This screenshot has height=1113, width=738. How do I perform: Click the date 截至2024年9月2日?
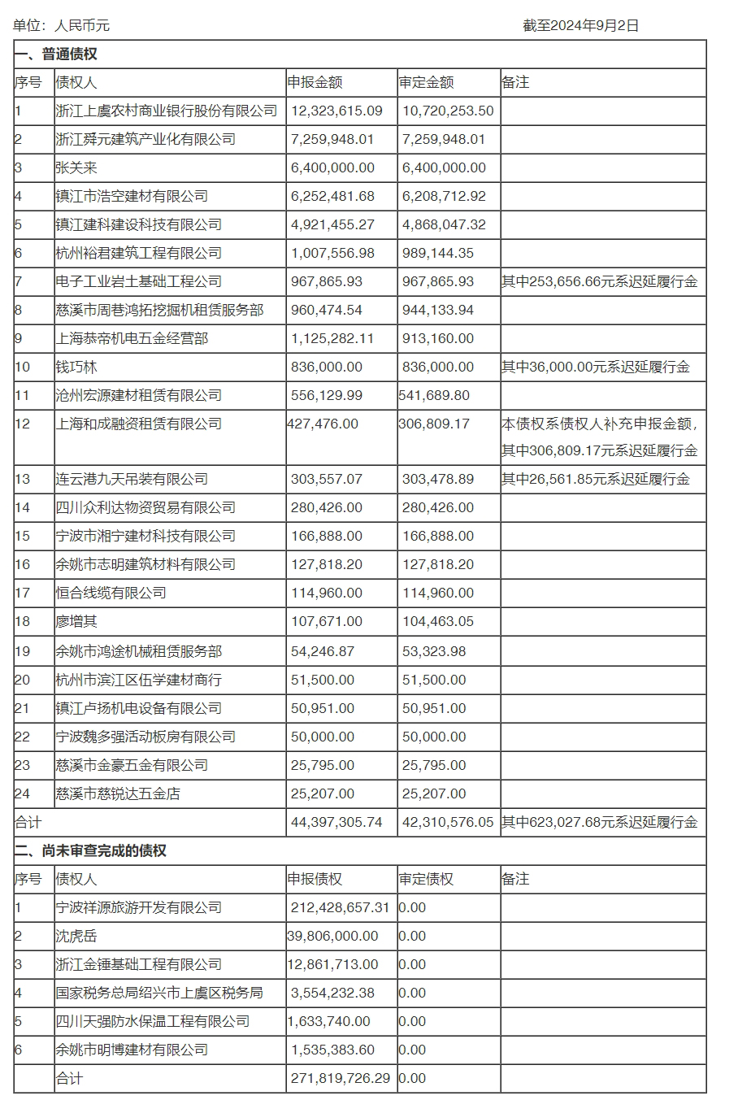click(x=580, y=25)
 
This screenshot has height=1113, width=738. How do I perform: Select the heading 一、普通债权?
click(x=56, y=54)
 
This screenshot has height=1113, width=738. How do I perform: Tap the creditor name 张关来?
click(x=76, y=167)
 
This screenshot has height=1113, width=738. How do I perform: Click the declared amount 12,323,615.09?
click(x=336, y=111)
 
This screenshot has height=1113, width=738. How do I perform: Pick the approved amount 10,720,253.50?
click(x=448, y=111)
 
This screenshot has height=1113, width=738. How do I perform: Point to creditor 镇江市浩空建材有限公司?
click(x=132, y=196)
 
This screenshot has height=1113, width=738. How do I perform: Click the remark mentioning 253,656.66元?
click(x=599, y=281)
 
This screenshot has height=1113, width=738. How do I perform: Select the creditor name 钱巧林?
click(x=76, y=367)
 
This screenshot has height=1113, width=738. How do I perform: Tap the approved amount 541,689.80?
click(x=434, y=395)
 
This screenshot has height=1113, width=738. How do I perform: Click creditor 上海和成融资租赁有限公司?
click(x=138, y=424)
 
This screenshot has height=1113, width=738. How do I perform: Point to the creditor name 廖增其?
click(x=76, y=621)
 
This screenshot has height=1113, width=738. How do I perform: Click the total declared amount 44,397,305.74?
click(x=336, y=822)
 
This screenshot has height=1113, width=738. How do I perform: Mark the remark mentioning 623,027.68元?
click(x=599, y=822)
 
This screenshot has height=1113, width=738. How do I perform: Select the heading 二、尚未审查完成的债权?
click(x=90, y=850)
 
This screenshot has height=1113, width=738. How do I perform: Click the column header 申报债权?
click(x=315, y=879)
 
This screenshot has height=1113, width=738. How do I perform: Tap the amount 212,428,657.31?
click(x=340, y=907)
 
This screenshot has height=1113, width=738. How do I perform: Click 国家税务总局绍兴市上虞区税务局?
click(x=159, y=993)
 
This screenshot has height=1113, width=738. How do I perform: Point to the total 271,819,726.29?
click(x=340, y=1078)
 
